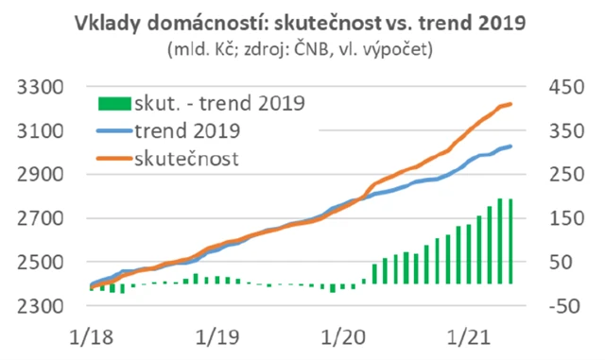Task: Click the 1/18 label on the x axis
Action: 91,337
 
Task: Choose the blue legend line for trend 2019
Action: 114,130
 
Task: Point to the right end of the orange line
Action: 511,104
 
